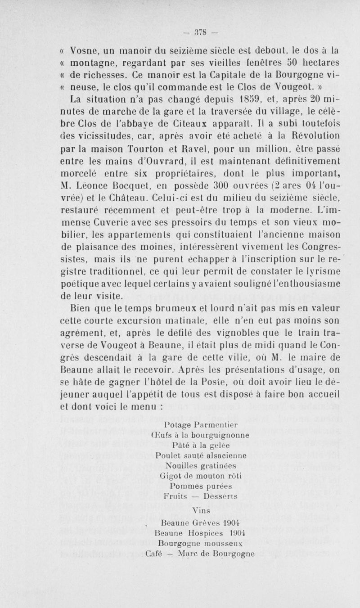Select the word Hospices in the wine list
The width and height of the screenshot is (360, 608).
click(x=200, y=533)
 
